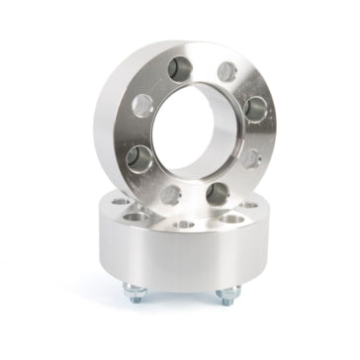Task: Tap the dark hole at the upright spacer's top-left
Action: click(x=180, y=68)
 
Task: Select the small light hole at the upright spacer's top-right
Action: click(x=226, y=71)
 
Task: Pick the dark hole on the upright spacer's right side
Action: click(x=256, y=108)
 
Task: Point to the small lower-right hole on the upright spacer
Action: click(x=250, y=156)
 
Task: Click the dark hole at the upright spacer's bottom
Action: click(x=219, y=191)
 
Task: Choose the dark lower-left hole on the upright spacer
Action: click(x=139, y=158)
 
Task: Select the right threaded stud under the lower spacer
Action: click(x=227, y=295)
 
